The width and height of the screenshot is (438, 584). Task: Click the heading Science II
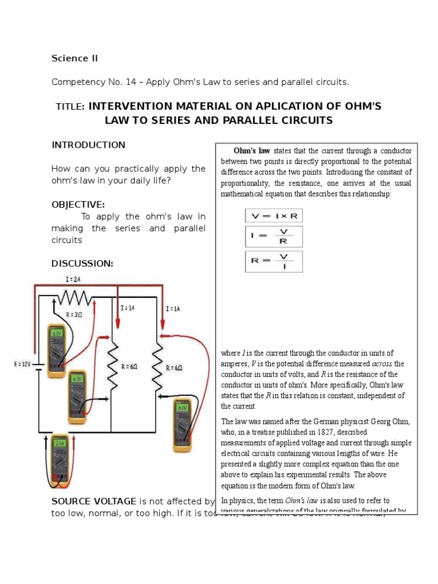tap(71, 58)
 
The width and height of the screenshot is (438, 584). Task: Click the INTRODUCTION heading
tap(88, 145)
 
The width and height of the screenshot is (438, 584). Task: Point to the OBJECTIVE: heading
tap(78, 204)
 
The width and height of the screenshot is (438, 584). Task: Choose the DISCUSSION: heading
tap(82, 263)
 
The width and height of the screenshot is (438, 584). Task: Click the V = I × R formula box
tap(274, 216)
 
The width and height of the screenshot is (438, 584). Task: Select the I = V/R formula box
tap(274, 237)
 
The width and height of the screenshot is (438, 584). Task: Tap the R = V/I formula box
tap(274, 261)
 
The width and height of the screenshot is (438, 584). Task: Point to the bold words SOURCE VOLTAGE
tap(94, 501)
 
